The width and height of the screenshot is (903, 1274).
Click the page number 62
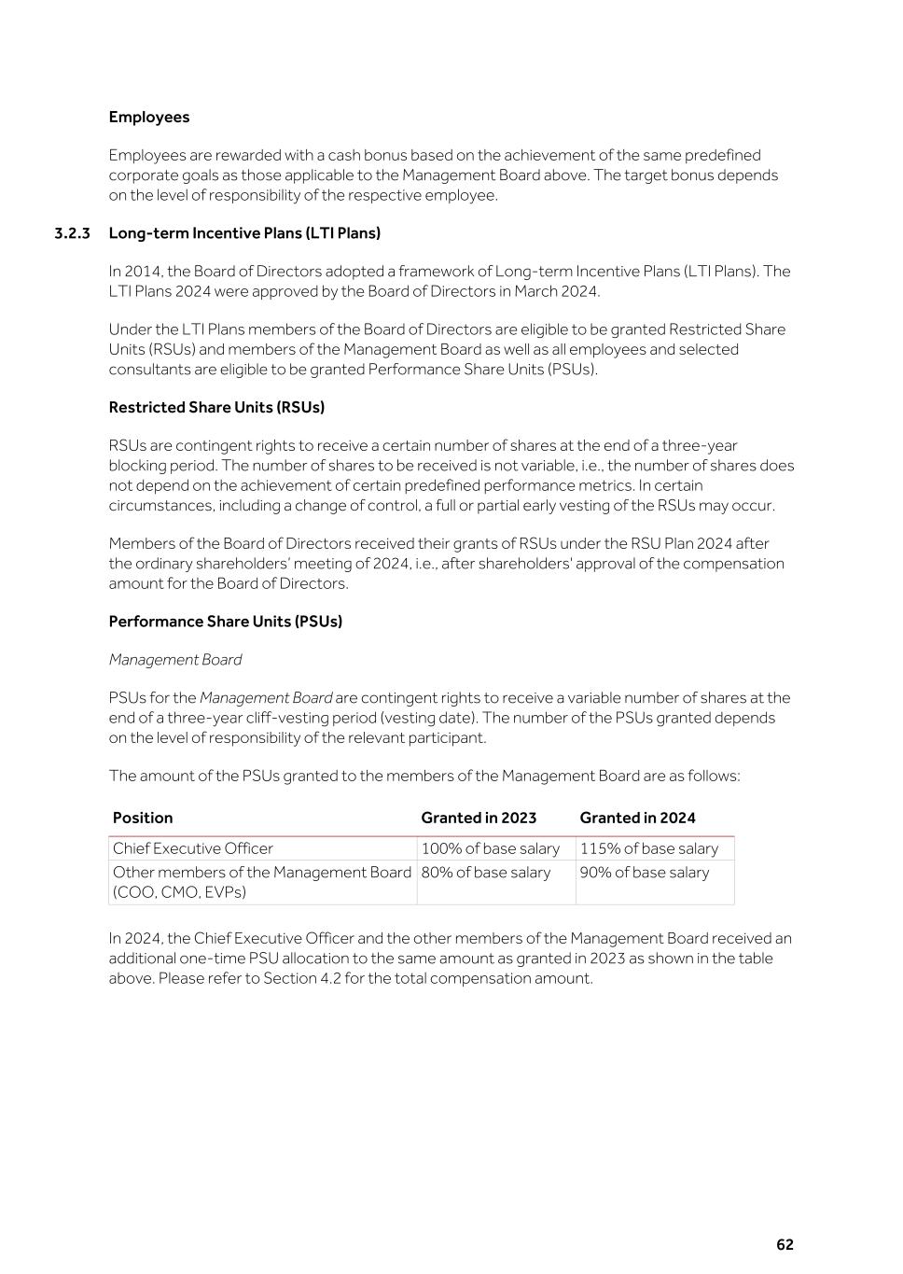pyautogui.click(x=785, y=1245)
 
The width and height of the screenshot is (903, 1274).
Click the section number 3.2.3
pyautogui.click(x=72, y=232)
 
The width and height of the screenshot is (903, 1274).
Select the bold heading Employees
pyautogui.click(x=149, y=117)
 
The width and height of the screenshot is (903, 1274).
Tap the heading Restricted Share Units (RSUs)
pyautogui.click(x=216, y=407)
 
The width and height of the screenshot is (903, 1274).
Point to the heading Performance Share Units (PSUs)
pyautogui.click(x=225, y=622)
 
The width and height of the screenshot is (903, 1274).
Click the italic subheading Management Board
pyautogui.click(x=174, y=660)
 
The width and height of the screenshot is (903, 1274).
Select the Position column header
pyautogui.click(x=143, y=818)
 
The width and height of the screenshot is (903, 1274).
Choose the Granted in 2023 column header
pyautogui.click(x=479, y=818)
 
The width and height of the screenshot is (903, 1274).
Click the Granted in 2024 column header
pyautogui.click(x=637, y=818)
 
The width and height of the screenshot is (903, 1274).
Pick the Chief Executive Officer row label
pyautogui.click(x=193, y=848)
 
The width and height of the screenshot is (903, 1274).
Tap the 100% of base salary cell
pyautogui.click(x=490, y=848)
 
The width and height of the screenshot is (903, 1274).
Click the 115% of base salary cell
pyautogui.click(x=648, y=848)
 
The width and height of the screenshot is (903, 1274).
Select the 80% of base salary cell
pyautogui.click(x=485, y=873)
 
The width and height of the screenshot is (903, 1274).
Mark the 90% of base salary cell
pyautogui.click(x=644, y=873)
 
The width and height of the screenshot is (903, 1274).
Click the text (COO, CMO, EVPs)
pyautogui.click(x=179, y=892)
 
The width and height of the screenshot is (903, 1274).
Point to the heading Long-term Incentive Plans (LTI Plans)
pyautogui.click(x=244, y=232)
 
